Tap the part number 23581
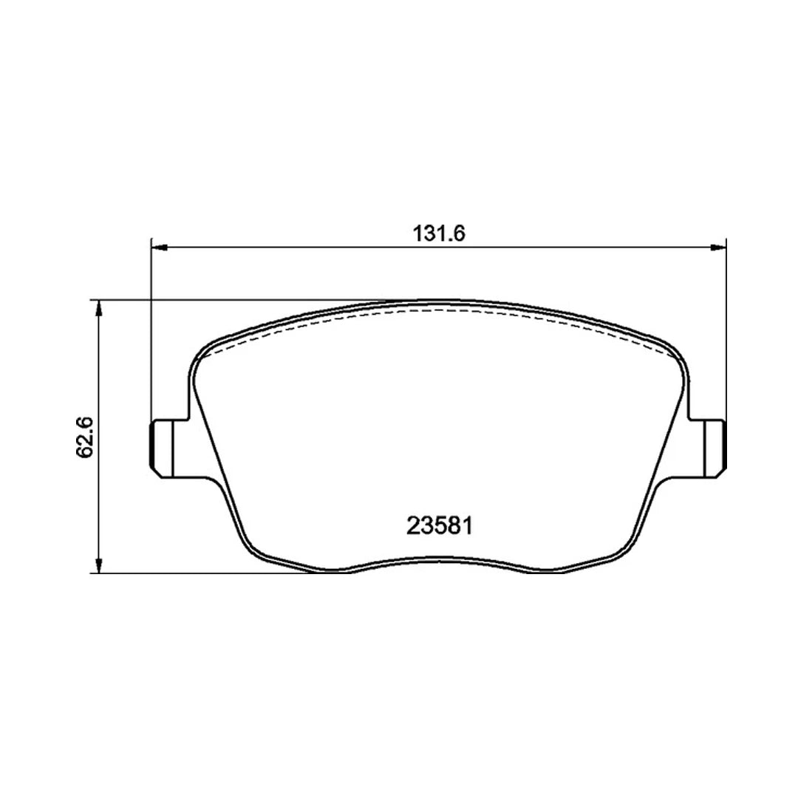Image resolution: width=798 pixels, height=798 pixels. [439, 526]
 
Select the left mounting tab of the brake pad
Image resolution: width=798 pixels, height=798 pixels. [164, 446]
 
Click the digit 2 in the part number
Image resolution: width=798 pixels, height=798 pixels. [413, 526]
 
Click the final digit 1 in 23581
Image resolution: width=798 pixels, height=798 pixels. [466, 526]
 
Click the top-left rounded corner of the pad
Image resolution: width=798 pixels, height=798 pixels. [203, 355]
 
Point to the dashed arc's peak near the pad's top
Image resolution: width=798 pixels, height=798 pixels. [439, 310]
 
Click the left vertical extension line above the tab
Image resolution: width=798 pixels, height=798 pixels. [151, 332]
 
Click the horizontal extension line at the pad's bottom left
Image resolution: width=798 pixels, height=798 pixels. [192, 573]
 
